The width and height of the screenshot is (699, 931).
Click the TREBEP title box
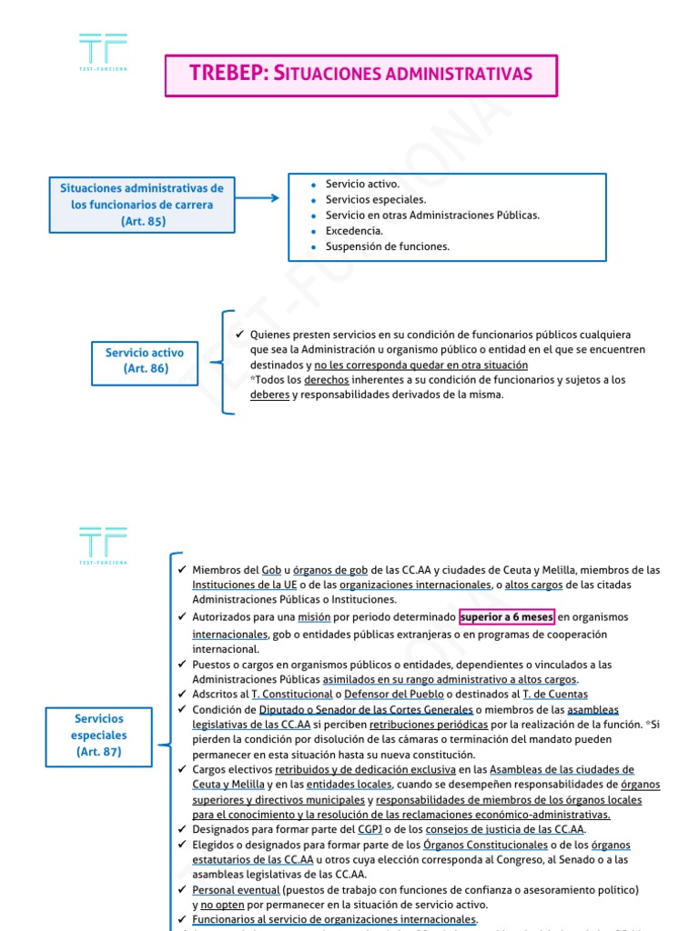pyautogui.click(x=360, y=74)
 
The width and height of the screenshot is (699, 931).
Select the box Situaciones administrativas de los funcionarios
pyautogui.click(x=142, y=205)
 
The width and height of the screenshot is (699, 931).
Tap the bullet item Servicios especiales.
pyautogui.click(x=376, y=199)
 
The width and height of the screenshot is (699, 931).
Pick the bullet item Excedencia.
pyautogui.click(x=354, y=231)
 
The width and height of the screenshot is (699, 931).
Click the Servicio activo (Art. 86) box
pyautogui.click(x=144, y=360)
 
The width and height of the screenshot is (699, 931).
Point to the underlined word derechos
pyautogui.click(x=326, y=380)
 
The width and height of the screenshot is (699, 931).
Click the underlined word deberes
pyautogui.click(x=269, y=395)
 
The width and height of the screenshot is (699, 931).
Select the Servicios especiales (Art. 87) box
pyautogui.click(x=99, y=736)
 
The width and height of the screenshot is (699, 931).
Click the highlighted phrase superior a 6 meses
pyautogui.click(x=506, y=617)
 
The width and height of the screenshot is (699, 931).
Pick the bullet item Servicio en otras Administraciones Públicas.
pyautogui.click(x=432, y=215)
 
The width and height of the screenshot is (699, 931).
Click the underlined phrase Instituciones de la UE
pyautogui.click(x=238, y=586)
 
